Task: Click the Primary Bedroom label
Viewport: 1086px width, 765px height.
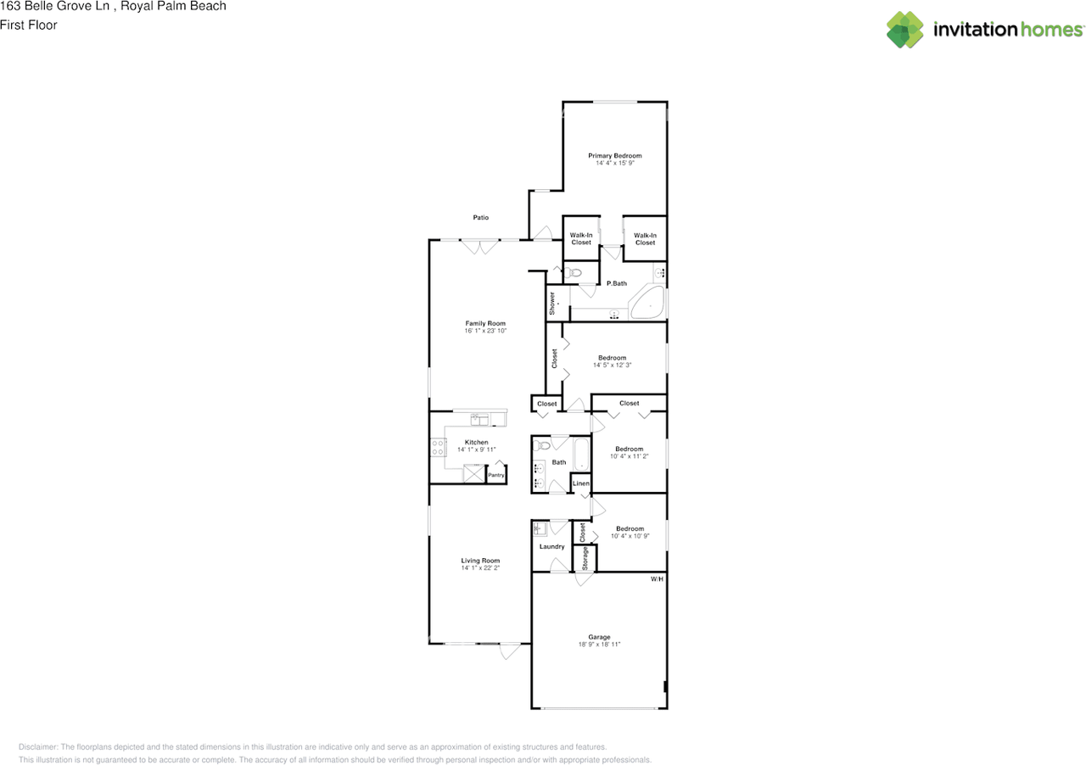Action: pyautogui.click(x=615, y=155)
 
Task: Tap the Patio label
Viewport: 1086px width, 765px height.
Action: pyautogui.click(x=481, y=218)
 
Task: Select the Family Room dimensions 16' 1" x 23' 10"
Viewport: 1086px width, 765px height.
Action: pyautogui.click(x=485, y=331)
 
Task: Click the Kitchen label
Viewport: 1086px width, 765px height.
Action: pyautogui.click(x=477, y=442)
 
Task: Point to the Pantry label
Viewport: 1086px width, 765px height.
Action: pyautogui.click(x=496, y=475)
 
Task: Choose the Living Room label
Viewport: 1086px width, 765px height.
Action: pyautogui.click(x=480, y=561)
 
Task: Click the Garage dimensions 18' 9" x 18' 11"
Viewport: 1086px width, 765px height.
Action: pyautogui.click(x=599, y=645)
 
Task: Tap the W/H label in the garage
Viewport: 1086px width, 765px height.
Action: pyautogui.click(x=657, y=579)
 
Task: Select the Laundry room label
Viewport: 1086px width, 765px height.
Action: pyautogui.click(x=551, y=546)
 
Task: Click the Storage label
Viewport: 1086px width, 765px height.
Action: pyautogui.click(x=585, y=558)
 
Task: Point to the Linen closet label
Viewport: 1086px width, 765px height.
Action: pyautogui.click(x=581, y=483)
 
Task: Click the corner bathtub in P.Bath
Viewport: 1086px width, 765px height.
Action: pyautogui.click(x=647, y=303)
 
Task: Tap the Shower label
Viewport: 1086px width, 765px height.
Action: pyautogui.click(x=552, y=304)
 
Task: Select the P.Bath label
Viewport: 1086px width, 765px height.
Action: pyautogui.click(x=617, y=283)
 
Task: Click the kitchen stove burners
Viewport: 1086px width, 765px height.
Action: pyautogui.click(x=438, y=448)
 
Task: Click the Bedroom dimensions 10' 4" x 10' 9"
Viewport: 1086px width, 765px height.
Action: pyautogui.click(x=630, y=536)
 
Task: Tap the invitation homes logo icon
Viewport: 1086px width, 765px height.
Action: pyautogui.click(x=905, y=30)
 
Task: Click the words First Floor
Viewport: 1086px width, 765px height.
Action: pyautogui.click(x=29, y=25)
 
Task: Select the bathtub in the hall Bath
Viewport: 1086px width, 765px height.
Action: pyautogui.click(x=582, y=455)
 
